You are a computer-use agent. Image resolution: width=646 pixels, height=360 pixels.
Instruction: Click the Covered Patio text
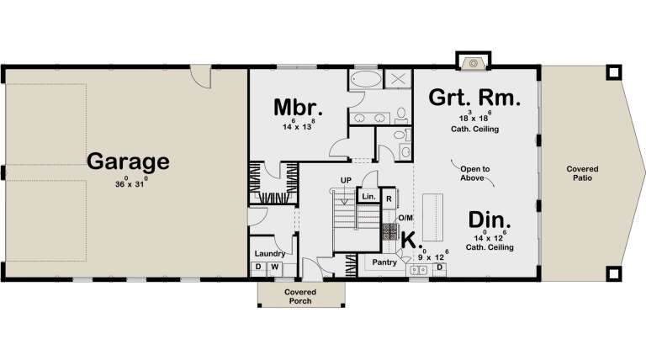click(x=582, y=172)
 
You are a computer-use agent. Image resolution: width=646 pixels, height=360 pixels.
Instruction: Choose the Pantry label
click(x=384, y=262)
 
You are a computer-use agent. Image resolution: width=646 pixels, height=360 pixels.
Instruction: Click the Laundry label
click(x=268, y=252)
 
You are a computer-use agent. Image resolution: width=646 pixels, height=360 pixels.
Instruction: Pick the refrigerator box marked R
click(x=389, y=199)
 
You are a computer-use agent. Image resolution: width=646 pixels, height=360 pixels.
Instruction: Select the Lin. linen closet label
click(x=368, y=197)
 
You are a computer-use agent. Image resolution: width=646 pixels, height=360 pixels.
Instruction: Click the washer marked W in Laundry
click(x=273, y=267)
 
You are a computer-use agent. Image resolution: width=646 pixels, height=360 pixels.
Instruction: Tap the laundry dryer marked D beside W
click(x=258, y=267)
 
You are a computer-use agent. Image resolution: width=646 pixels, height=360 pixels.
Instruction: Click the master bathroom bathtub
click(x=366, y=82)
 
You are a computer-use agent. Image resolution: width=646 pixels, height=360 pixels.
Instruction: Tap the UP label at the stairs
click(x=346, y=180)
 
